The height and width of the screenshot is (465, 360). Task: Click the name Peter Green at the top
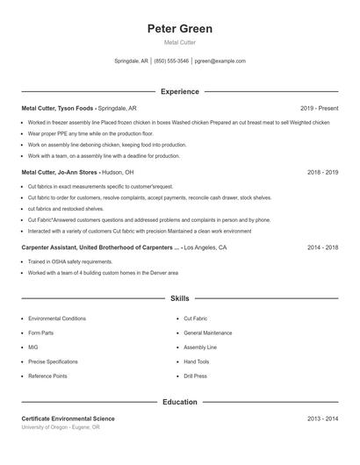180,29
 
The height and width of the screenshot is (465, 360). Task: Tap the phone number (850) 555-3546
171,61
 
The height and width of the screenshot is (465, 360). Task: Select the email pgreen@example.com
220,61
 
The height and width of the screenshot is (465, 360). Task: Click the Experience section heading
180,91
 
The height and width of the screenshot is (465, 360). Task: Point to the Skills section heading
180,299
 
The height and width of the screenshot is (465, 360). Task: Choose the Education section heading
180,402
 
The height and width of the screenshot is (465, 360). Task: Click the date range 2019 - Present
319,108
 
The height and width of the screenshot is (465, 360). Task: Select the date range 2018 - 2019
322,173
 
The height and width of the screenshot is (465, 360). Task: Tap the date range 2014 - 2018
322,248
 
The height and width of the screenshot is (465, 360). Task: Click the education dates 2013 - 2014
322,419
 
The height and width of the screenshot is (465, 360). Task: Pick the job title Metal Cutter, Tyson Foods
58,108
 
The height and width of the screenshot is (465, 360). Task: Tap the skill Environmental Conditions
57,318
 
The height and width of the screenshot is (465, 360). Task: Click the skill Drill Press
195,376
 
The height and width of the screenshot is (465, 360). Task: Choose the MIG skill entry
33,347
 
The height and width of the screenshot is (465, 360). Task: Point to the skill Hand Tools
197,361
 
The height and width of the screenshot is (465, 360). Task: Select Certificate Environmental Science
68,419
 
